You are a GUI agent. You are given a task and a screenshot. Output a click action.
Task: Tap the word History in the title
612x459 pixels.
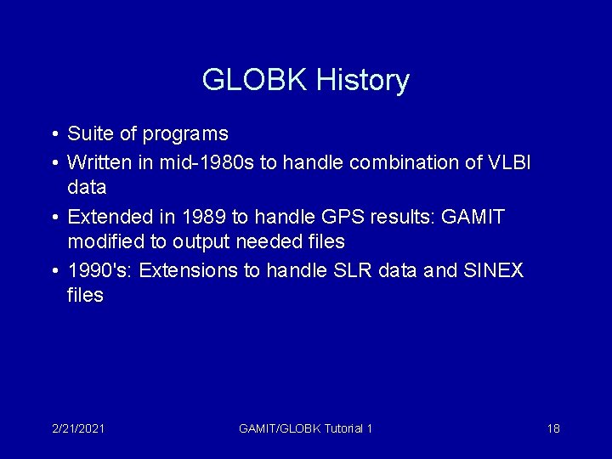point(363,81)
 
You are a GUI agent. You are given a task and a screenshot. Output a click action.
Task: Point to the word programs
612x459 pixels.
point(185,134)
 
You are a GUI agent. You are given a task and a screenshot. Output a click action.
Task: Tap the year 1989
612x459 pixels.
point(197,217)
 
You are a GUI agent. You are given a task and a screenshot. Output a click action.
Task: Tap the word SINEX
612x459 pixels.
point(494,270)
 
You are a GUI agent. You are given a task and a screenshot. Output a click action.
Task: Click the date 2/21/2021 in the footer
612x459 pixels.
point(78,428)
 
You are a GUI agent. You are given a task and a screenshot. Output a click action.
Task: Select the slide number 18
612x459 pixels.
point(553,428)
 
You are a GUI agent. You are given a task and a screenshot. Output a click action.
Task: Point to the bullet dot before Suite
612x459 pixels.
point(54,134)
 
